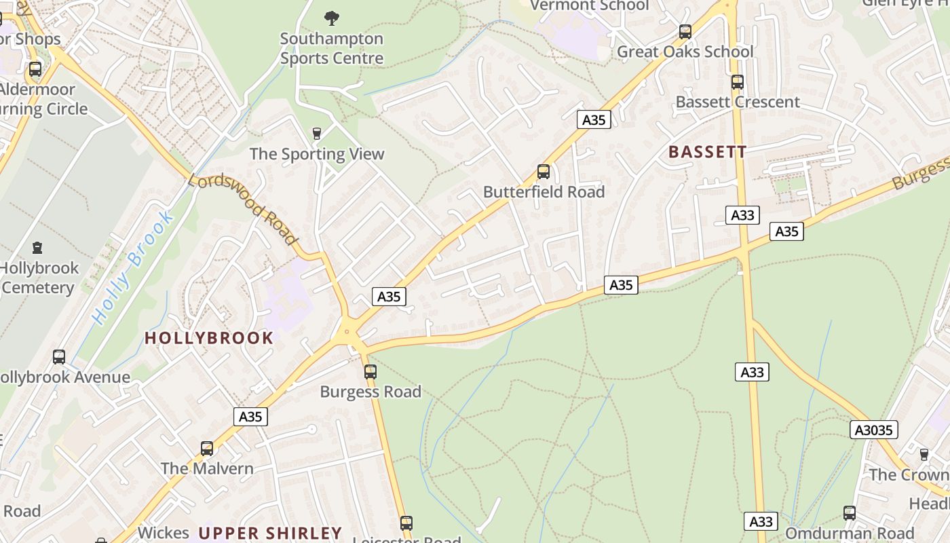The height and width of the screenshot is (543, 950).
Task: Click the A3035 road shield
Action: tap(875, 430)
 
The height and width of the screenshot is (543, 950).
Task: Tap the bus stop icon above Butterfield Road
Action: tap(543, 171)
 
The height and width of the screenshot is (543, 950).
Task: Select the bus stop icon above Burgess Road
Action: tap(370, 371)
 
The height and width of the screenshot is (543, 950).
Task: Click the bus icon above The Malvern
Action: tap(207, 448)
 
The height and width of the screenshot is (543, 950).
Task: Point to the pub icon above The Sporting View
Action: tap(316, 133)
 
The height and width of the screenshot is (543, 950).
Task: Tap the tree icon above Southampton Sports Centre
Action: tap(331, 18)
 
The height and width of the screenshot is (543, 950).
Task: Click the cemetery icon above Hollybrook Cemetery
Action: tap(37, 248)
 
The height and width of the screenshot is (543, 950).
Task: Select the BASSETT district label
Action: tap(707, 152)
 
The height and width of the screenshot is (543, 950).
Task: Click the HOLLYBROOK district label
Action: tap(209, 338)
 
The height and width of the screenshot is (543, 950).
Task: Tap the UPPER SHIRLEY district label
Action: tap(270, 533)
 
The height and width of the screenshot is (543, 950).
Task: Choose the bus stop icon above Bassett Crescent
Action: tap(738, 82)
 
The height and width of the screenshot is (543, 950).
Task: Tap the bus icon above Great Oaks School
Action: tap(685, 31)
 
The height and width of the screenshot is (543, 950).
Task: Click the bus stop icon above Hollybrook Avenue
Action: tap(59, 356)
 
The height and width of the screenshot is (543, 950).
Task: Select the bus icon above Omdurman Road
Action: tap(850, 512)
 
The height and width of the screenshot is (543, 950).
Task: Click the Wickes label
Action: tap(163, 533)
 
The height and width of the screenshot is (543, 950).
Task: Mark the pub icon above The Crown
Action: tap(924, 454)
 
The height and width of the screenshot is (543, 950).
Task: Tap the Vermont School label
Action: tap(589, 6)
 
